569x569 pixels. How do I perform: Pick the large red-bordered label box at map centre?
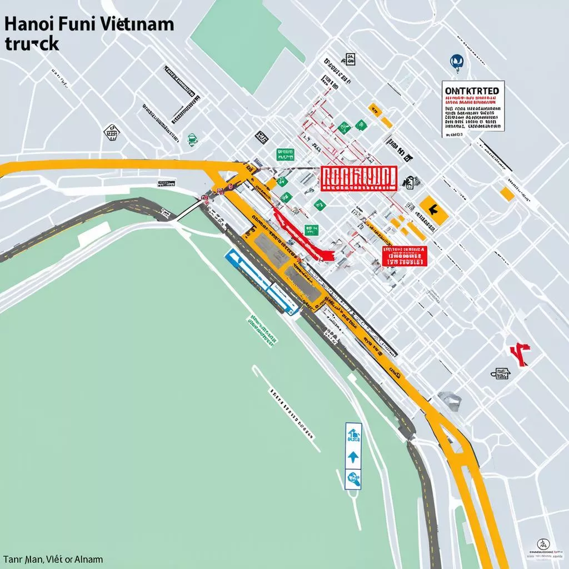[358, 177]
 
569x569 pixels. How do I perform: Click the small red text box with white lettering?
[405, 255]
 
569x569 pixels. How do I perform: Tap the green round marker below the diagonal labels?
[192, 139]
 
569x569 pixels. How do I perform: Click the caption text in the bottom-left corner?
[53, 560]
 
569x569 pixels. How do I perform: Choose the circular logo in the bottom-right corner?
[541, 545]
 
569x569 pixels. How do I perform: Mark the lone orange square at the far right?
[507, 193]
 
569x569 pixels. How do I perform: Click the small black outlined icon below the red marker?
[500, 373]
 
